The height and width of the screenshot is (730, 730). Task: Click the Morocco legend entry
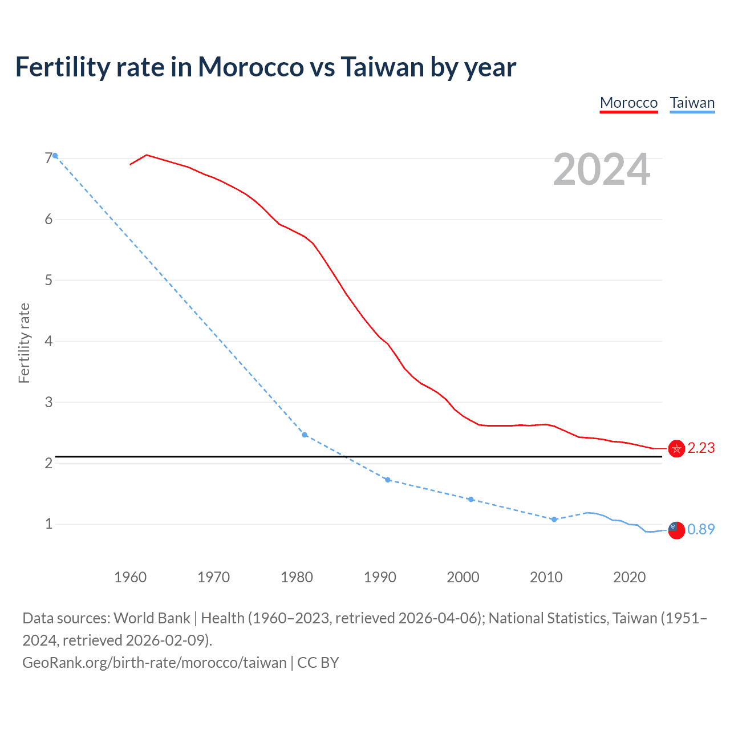coord(628,103)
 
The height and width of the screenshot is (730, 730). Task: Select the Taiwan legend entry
coord(692,103)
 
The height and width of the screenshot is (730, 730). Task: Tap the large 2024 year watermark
coord(601,169)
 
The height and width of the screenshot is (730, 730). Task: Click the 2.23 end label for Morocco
coord(701,448)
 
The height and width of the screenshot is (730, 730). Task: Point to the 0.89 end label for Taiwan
coord(701,530)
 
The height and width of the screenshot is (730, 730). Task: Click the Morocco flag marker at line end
coord(676,449)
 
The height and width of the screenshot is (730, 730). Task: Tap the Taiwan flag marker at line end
coord(676,530)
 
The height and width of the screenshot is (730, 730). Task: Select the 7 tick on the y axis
coord(48,158)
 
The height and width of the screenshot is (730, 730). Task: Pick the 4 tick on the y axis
coord(48,341)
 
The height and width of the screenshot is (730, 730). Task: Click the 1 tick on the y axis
coord(48,524)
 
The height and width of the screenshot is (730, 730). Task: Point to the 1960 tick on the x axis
coord(131,577)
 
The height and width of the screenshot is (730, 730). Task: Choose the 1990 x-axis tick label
coord(380,577)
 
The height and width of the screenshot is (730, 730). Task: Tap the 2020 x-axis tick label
coord(629,577)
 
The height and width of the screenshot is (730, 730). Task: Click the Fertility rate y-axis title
coord(24,343)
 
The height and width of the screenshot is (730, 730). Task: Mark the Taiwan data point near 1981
coord(305,435)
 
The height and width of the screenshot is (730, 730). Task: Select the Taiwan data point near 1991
coord(388,480)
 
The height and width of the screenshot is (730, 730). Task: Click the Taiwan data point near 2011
coord(554,519)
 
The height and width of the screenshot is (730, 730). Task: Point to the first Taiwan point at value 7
coord(55,156)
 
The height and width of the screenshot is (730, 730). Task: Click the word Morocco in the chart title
coord(251,67)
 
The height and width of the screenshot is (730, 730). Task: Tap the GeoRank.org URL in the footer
coord(154,663)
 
